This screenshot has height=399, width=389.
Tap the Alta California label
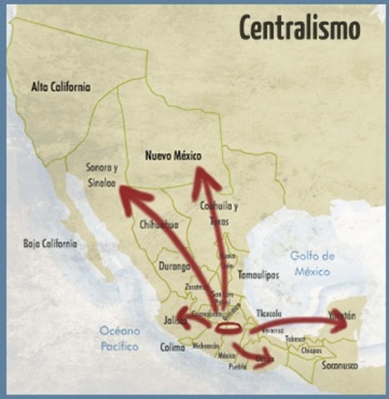click(61, 86)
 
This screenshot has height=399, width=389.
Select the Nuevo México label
click(174, 155)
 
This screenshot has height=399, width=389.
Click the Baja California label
click(49, 244)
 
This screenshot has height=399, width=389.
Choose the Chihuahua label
click(160, 224)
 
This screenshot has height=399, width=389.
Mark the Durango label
click(175, 267)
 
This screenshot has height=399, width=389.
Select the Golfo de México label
click(313, 263)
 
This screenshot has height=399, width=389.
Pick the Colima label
click(173, 347)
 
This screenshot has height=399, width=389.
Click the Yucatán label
click(341, 316)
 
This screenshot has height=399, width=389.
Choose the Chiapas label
click(312, 351)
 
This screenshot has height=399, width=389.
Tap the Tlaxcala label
click(269, 313)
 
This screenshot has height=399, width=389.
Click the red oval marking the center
click(229, 328)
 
